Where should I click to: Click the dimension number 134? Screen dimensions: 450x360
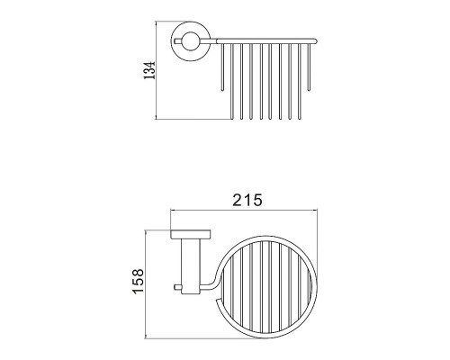(149, 70)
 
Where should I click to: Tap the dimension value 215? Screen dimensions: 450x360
(247, 200)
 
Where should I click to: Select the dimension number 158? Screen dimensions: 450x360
(138, 282)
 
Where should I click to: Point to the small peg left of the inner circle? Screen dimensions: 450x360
(178, 41)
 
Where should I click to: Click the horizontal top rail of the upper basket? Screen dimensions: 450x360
(266, 40)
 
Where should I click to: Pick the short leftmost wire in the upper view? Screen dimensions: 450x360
(222, 67)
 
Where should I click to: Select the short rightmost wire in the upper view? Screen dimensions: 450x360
(309, 67)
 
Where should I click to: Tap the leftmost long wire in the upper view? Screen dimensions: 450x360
(231, 81)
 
